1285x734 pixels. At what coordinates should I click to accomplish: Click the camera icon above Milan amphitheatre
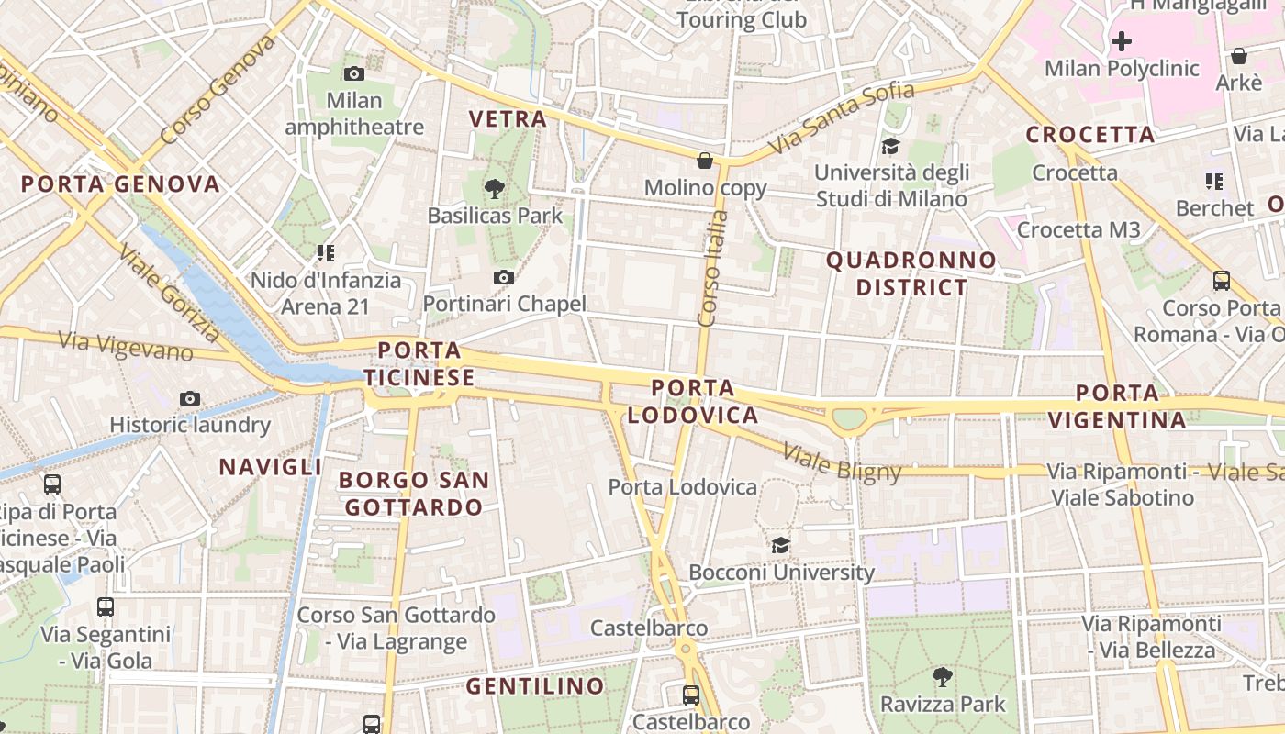[353, 73]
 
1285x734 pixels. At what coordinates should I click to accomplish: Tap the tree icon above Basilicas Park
[495, 189]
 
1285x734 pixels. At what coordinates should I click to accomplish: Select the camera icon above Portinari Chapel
[503, 277]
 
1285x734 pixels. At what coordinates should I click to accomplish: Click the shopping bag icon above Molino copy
[705, 161]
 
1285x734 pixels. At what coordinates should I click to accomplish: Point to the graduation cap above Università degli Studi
[890, 146]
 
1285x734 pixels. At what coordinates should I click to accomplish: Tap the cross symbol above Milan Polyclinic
[1121, 41]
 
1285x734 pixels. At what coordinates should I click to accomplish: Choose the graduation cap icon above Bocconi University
[780, 545]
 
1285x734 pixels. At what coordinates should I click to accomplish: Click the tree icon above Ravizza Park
[942, 677]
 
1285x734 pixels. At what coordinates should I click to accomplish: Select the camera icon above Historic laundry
[190, 398]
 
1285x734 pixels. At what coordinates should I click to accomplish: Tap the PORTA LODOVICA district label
[693, 402]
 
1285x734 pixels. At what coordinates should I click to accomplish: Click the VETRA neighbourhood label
[508, 118]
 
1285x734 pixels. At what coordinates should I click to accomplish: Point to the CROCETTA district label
[1090, 135]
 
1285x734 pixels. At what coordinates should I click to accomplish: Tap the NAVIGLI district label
[271, 467]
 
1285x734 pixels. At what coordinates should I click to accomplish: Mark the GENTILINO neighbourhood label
[535, 686]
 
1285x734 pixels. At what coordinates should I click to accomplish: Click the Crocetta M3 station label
[1078, 229]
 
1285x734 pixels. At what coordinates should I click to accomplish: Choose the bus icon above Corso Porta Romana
[1222, 281]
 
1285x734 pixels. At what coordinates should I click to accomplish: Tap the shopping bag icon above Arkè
[1238, 56]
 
